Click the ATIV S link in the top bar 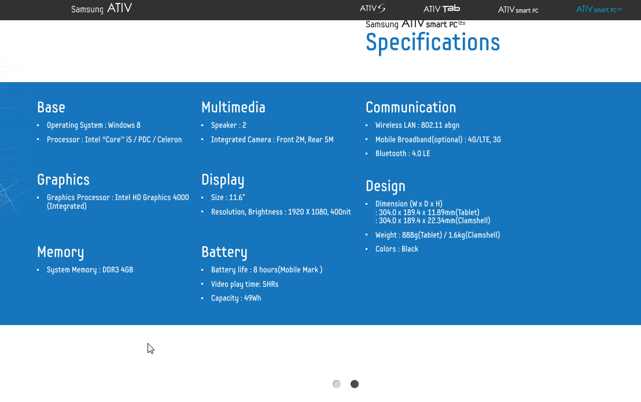point(373,8)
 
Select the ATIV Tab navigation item point(441,9)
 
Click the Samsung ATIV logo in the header point(101,9)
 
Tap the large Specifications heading point(433,43)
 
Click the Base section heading point(51,107)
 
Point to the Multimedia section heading point(233,107)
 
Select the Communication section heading point(411,107)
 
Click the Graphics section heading point(64,180)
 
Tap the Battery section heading point(224,252)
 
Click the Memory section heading point(61,252)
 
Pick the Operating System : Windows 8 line point(94,126)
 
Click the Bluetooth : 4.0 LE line point(403,154)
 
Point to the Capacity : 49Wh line point(236,298)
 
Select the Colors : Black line point(396,249)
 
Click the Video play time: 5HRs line point(245,285)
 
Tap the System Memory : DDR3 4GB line point(90,270)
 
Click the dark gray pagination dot point(355,384)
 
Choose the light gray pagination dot point(337,384)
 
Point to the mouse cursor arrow point(150,348)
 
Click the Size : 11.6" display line point(228,198)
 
